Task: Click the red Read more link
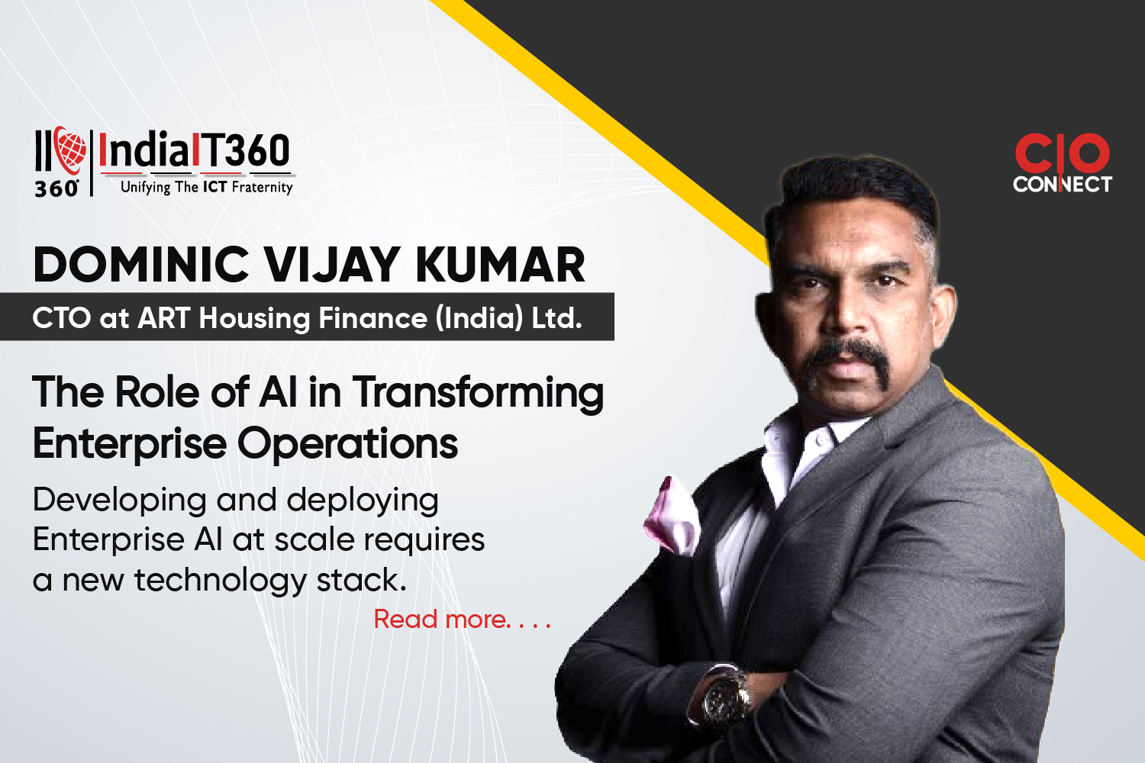[463, 620]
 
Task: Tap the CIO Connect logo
[1063, 163]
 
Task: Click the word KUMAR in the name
[500, 265]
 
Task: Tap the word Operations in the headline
[347, 443]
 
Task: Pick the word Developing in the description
[120, 501]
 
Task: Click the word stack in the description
[362, 580]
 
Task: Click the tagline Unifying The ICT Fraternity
[207, 187]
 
